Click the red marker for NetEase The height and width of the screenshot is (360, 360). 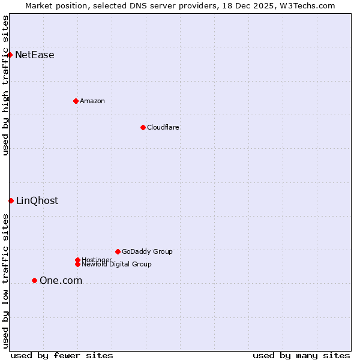pyautogui.click(x=10, y=55)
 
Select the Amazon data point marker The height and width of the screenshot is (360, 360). pyautogui.click(x=76, y=101)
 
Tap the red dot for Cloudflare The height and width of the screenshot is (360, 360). pyautogui.click(x=143, y=127)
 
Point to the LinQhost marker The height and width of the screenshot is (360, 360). pyautogui.click(x=11, y=200)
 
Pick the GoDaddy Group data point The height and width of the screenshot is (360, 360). pyautogui.click(x=118, y=251)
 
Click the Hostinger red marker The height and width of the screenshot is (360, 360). pyautogui.click(x=77, y=260)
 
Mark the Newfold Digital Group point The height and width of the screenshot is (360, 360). pyautogui.click(x=77, y=264)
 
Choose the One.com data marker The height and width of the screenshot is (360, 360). pyautogui.click(x=34, y=280)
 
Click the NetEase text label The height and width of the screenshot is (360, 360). pyautogui.click(x=35, y=55)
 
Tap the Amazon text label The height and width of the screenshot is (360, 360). pyautogui.click(x=92, y=101)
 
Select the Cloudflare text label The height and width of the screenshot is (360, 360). pyautogui.click(x=163, y=127)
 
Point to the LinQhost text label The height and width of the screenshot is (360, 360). pyautogui.click(x=37, y=201)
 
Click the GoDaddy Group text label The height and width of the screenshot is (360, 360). pyautogui.click(x=147, y=251)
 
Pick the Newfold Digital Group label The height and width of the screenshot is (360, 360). pyautogui.click(x=117, y=265)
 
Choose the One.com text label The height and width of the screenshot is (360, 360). pyautogui.click(x=61, y=281)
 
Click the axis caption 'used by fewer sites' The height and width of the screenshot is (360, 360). pyautogui.click(x=62, y=355)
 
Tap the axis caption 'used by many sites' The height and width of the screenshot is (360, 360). pyautogui.click(x=301, y=355)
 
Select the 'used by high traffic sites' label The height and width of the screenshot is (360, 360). pyautogui.click(x=6, y=86)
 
